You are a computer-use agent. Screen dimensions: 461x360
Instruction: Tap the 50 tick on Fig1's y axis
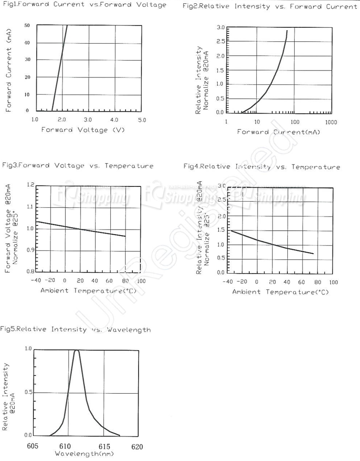point(27,26)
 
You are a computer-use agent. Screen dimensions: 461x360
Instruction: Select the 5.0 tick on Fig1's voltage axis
point(142,120)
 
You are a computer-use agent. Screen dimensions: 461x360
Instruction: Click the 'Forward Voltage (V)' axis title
point(83,130)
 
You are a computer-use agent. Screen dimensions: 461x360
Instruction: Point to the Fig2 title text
point(270,6)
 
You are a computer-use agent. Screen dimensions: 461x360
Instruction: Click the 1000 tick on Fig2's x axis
point(331,122)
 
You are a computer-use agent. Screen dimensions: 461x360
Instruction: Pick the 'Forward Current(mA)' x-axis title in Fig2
point(278,132)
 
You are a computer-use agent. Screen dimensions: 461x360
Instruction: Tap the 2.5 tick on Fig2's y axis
point(221,42)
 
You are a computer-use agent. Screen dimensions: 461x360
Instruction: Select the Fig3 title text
point(77,166)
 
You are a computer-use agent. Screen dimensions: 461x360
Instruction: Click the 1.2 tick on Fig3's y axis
point(31,185)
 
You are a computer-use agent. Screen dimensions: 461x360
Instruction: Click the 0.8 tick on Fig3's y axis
point(31,271)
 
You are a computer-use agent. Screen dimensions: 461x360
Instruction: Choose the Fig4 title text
point(261,167)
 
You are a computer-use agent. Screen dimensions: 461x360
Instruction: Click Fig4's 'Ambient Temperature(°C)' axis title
point(280,292)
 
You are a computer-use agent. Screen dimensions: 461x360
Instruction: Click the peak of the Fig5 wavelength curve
point(76,351)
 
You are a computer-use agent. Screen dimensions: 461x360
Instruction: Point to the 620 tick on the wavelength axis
point(137,447)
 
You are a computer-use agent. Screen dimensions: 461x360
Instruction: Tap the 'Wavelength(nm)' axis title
point(84,454)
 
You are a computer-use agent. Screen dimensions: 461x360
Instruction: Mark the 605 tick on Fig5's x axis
point(33,447)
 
